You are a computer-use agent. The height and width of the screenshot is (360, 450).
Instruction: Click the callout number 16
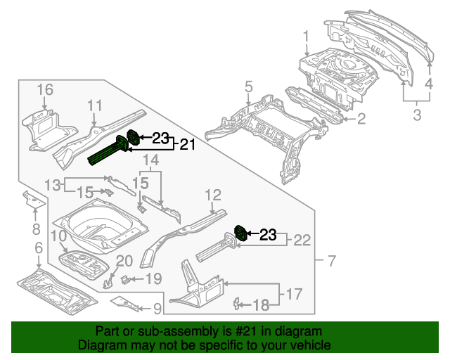(x=44, y=89)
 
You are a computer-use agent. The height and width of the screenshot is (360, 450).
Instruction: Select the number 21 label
(x=186, y=145)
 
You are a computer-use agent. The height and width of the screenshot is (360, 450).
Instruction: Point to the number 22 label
(x=301, y=240)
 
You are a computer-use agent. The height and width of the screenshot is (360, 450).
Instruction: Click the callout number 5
(x=248, y=86)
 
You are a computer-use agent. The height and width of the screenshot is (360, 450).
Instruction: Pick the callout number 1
(x=307, y=37)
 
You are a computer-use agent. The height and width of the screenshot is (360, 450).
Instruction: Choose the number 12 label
(x=214, y=195)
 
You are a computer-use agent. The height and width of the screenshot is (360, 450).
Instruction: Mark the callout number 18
(x=261, y=304)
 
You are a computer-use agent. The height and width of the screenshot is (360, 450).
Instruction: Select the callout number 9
(x=157, y=307)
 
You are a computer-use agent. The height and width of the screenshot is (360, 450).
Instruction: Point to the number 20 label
(x=124, y=262)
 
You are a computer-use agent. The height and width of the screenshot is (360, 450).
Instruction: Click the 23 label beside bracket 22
(x=269, y=235)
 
